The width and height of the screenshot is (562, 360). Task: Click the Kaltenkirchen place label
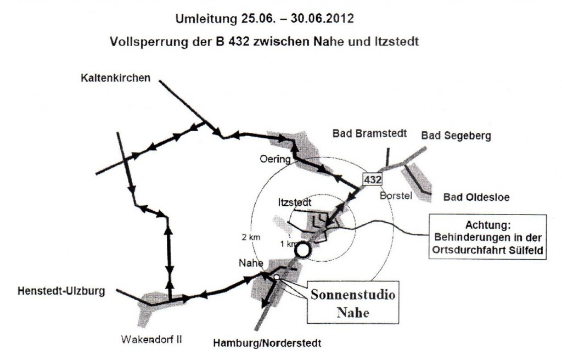click(x=115, y=78)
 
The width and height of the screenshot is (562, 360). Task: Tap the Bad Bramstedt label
click(x=369, y=134)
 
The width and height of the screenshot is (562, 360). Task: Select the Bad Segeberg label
click(x=456, y=136)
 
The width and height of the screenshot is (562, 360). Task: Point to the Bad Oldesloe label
click(x=476, y=197)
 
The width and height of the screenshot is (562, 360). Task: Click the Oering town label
click(x=275, y=159)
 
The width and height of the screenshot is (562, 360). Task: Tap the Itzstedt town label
click(x=295, y=203)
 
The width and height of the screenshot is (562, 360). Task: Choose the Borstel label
click(x=396, y=196)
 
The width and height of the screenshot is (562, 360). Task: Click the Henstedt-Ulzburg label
click(x=61, y=291)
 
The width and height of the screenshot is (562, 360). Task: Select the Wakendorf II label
click(x=151, y=340)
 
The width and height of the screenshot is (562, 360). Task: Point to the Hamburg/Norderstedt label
click(x=267, y=343)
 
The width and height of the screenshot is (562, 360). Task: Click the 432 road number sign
click(x=373, y=179)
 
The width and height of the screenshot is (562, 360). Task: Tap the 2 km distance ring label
click(x=251, y=238)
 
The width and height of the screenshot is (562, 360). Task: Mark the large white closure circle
click(x=302, y=250)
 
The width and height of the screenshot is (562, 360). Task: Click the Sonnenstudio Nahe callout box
click(x=353, y=303)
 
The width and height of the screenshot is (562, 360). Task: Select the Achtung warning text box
click(x=487, y=237)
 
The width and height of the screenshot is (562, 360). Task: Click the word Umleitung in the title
click(x=206, y=19)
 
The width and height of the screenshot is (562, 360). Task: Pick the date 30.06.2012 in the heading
click(x=322, y=18)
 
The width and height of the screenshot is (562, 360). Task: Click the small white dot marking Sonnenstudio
click(x=277, y=277)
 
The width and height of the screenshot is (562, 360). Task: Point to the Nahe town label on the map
click(x=251, y=263)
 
